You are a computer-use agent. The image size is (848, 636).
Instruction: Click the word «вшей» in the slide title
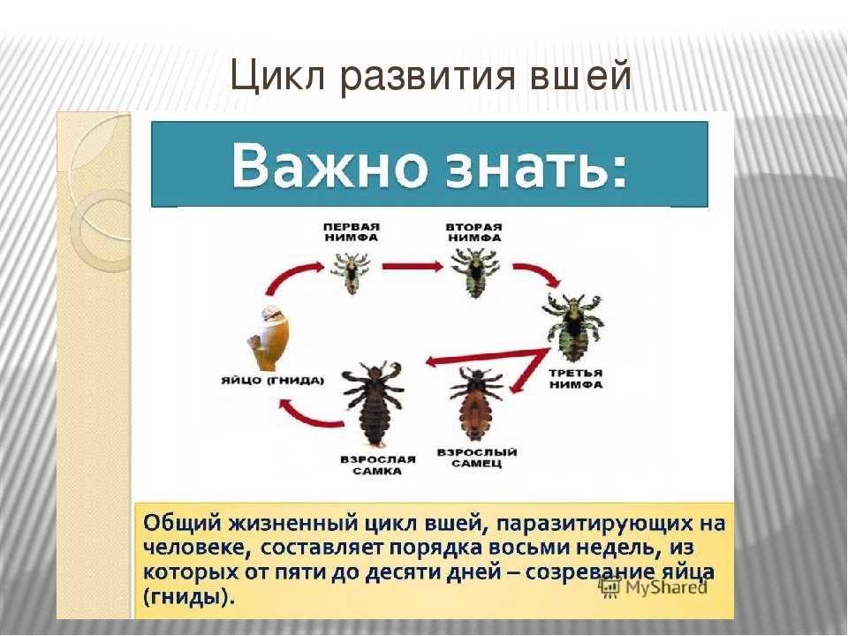point(579,75)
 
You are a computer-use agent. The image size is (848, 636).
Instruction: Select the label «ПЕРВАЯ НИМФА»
point(352,232)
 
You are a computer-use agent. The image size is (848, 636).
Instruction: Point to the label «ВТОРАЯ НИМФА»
point(474,232)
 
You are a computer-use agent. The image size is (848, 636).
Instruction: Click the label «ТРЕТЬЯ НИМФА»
point(575,379)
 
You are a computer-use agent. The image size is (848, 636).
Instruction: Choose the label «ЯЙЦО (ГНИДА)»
point(273,380)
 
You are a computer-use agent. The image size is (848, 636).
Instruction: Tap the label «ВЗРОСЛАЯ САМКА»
point(378,466)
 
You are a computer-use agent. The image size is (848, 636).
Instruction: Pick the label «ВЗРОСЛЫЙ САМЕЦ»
point(476,458)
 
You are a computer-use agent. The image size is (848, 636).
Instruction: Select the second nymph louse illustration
point(475,273)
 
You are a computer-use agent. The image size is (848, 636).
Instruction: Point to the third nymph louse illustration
point(573,327)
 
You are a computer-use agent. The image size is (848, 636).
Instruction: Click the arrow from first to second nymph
point(413,266)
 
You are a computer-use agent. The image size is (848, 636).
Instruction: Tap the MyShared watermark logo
point(654,587)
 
